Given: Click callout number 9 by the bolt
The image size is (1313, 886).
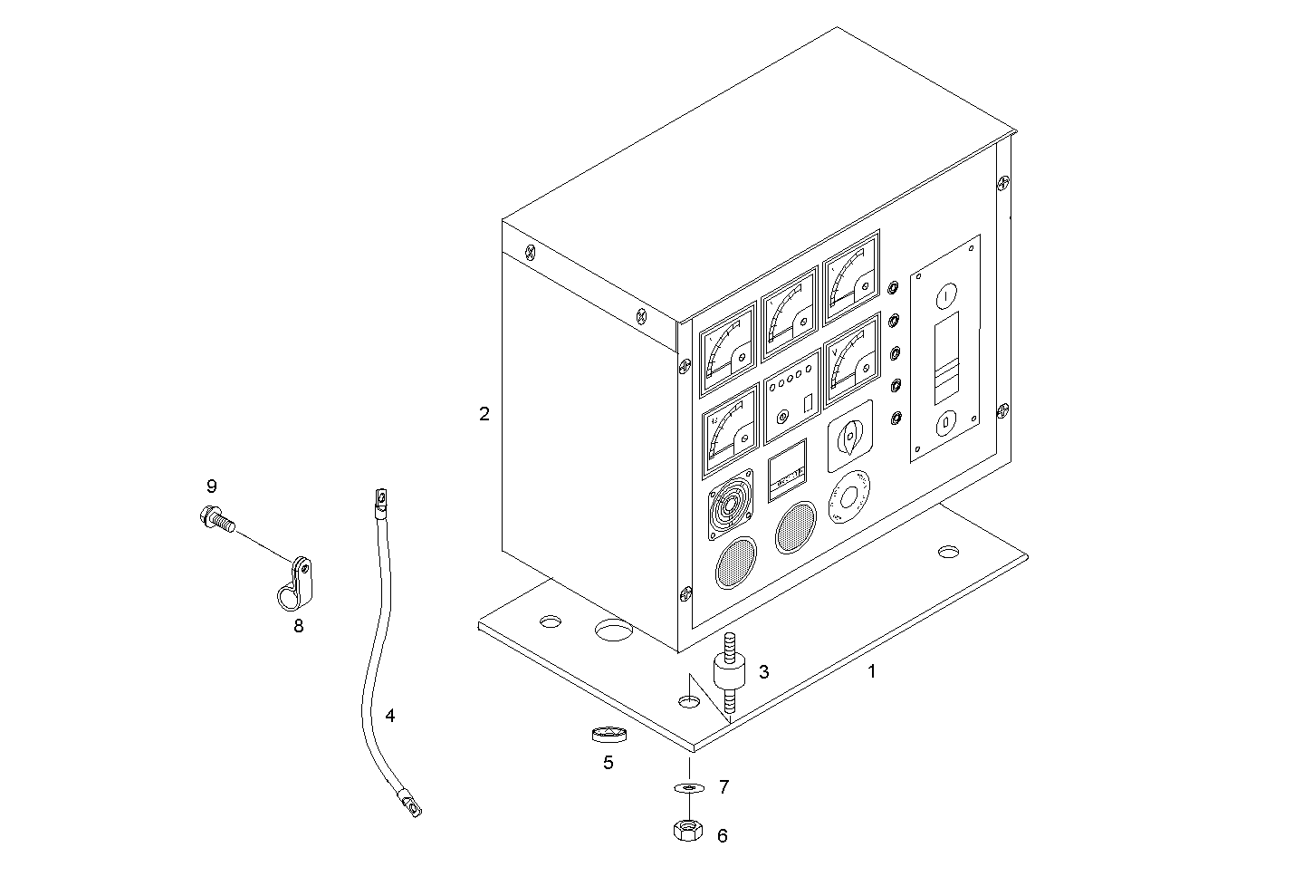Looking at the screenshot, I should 211,486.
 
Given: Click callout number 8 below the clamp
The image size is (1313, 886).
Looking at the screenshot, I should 298,625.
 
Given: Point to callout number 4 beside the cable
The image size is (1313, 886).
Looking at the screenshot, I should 389,716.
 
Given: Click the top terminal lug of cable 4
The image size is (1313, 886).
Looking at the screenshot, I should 379,497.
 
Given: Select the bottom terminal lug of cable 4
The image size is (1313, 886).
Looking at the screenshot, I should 409,804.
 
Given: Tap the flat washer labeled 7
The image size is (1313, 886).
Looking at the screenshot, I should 689,788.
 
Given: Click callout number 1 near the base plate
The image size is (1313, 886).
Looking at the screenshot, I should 871,672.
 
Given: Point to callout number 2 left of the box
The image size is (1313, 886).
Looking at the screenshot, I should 484,414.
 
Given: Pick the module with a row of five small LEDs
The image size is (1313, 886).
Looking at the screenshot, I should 791,396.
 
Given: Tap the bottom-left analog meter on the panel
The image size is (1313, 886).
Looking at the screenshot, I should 730,431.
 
